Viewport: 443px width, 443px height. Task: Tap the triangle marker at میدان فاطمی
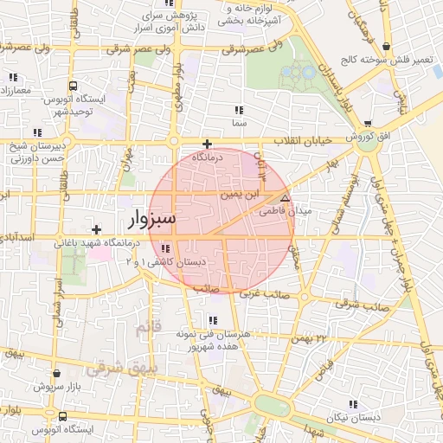(x=286, y=198)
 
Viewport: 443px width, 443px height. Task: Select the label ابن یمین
(x=239, y=195)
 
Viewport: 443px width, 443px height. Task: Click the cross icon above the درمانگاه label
(x=207, y=144)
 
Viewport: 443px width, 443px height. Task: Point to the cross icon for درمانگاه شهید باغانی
(x=96, y=229)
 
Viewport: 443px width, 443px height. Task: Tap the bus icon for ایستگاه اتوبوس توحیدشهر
(x=73, y=87)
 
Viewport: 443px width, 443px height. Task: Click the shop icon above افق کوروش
(x=368, y=125)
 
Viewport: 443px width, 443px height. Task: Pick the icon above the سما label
(x=239, y=111)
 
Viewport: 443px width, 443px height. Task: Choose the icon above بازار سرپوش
(x=57, y=374)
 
